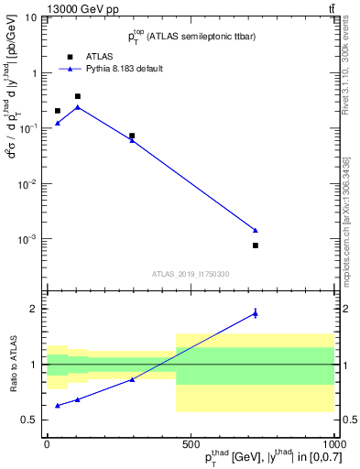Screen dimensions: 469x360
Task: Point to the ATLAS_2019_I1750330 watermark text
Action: pos(191,273)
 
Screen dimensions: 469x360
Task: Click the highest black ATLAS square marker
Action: pos(78,96)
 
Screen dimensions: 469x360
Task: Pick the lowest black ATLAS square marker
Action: pos(256,245)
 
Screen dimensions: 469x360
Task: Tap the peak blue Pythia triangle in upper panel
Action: pos(78,107)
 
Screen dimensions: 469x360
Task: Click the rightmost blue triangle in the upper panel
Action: pos(256,230)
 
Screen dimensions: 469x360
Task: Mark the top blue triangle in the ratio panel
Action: pos(256,314)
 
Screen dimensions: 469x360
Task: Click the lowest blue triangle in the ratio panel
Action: pos(58,405)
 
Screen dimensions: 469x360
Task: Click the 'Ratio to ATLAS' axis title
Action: pos(12,364)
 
